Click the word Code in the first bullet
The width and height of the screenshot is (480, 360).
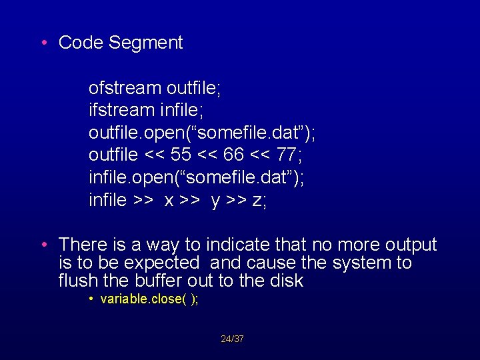[81, 43]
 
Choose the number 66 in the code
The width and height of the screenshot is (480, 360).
[234, 155]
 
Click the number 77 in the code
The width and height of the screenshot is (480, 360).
[287, 155]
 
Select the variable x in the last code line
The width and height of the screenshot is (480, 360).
[169, 201]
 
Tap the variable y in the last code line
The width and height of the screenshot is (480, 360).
[215, 201]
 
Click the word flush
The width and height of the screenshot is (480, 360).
[77, 281]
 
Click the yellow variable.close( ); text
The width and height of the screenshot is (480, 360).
[149, 299]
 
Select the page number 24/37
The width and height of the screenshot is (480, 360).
[232, 339]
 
